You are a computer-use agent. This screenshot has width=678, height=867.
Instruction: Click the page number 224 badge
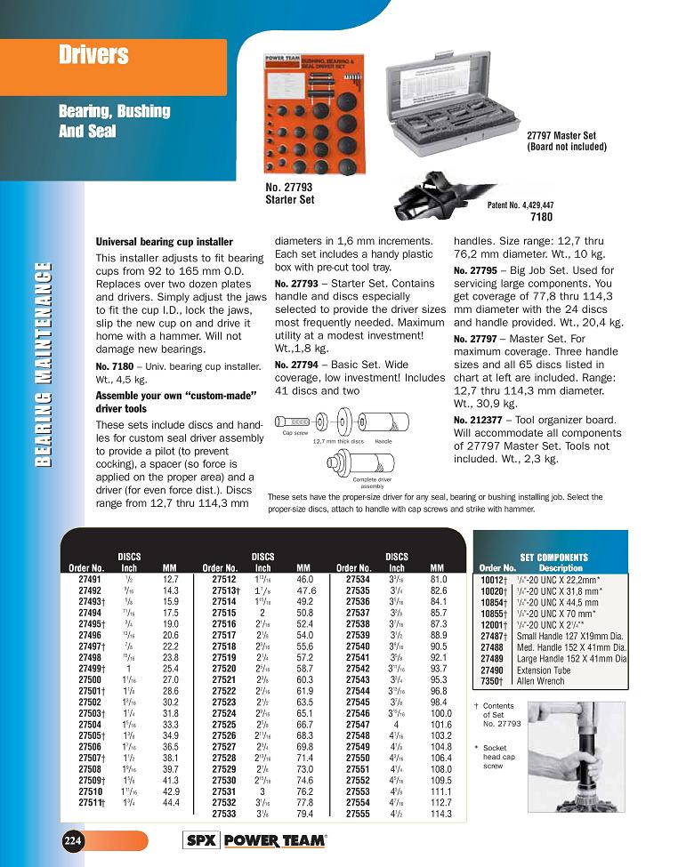point(72,840)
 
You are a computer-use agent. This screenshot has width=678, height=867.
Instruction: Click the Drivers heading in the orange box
point(93,56)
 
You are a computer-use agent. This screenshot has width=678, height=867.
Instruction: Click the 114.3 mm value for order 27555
point(440,814)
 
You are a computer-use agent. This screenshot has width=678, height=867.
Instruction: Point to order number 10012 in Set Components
point(495,579)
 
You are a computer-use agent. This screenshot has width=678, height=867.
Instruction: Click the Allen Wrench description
point(541,680)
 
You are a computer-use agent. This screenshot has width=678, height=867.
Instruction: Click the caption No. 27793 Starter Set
point(290,194)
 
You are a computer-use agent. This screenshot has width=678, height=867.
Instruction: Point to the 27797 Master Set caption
point(561,141)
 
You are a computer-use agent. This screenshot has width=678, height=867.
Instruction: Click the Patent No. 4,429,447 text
point(521,205)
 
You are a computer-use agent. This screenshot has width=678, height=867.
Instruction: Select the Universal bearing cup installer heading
point(164,242)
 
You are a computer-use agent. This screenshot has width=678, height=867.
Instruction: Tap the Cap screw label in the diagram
point(295,433)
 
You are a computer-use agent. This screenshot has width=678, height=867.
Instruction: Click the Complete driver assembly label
point(373,482)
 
